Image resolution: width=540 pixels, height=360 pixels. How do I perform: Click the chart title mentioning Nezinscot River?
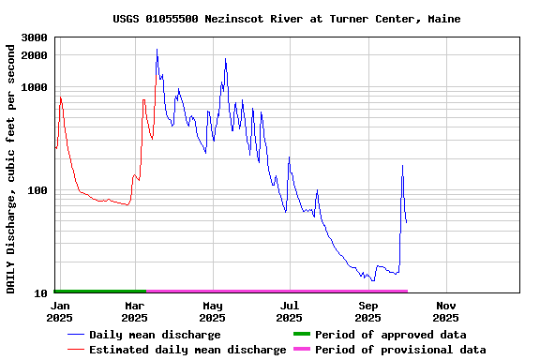tap(279, 19)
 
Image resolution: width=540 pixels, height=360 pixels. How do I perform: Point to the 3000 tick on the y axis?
tap(34, 37)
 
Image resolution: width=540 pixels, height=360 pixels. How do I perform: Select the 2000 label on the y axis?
tap(34, 55)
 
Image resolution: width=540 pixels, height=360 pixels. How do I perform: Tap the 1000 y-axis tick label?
tap(34, 87)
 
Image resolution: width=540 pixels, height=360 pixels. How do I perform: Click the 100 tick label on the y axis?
tap(37, 190)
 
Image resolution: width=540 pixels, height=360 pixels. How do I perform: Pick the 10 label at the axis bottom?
tap(40, 293)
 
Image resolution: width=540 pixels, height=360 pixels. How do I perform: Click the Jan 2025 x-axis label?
tap(59, 311)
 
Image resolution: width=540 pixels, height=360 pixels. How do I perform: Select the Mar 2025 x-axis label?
tap(135, 311)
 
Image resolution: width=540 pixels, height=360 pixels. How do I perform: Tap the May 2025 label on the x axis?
tap(213, 311)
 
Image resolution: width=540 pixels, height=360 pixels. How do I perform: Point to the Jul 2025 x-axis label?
tap(290, 311)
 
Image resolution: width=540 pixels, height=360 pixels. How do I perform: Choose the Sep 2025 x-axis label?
tap(368, 311)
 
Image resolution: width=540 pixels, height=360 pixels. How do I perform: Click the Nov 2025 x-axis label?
tap(446, 311)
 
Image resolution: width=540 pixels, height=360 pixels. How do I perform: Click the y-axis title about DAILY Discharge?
tap(11, 166)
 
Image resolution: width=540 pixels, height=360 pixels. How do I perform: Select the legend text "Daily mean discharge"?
tap(155, 335)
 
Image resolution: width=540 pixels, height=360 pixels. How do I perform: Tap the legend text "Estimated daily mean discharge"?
tap(187, 350)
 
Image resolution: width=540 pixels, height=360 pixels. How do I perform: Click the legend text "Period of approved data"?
tap(390, 335)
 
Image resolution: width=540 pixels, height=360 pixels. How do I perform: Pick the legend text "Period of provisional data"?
tap(400, 350)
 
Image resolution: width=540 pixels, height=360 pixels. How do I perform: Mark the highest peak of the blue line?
tap(157, 50)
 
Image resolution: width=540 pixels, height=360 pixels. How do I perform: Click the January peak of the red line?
tap(60, 97)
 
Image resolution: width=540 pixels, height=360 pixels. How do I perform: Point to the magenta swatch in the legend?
tap(301, 350)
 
